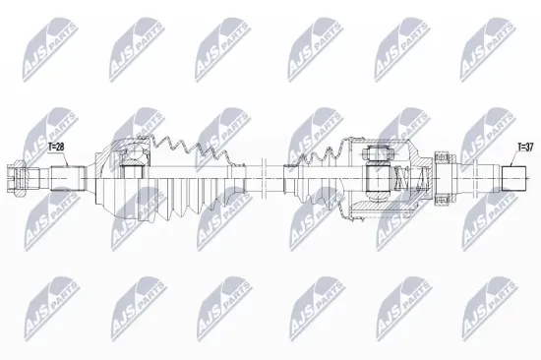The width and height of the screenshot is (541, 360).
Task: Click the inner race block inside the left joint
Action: coord(133,167)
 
